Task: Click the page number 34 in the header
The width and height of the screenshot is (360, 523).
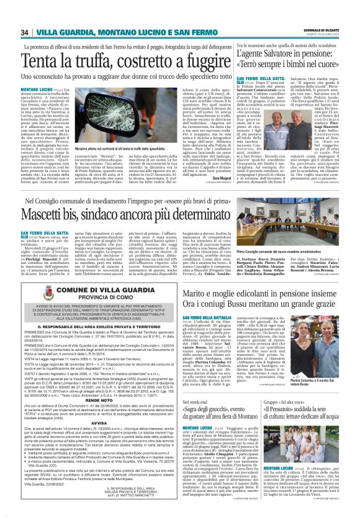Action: click(x=25, y=32)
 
